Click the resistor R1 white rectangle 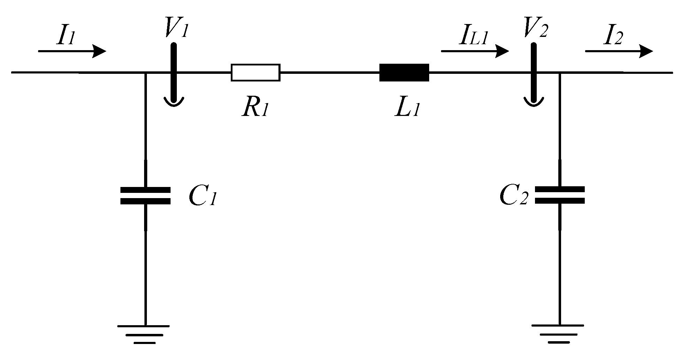coord(255,72)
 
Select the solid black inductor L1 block coord(404,72)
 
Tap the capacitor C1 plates coord(145,195)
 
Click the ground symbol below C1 coord(144,334)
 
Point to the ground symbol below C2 coord(558,334)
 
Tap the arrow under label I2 coord(619,51)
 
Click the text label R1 coord(255,109)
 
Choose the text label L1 coord(408,109)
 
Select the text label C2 coord(514,197)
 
